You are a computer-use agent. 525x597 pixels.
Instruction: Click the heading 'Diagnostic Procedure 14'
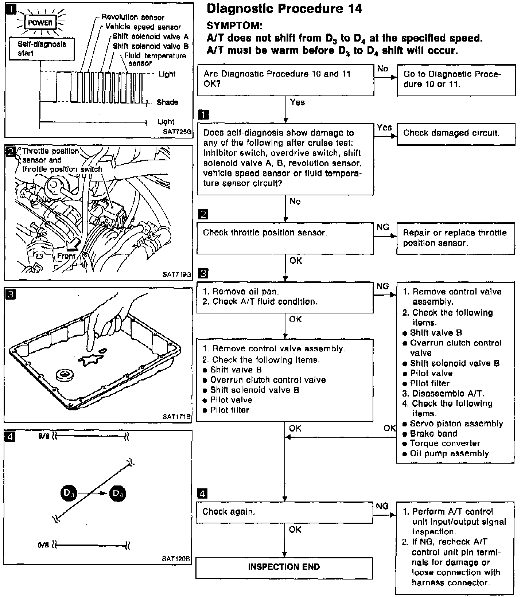click(284, 9)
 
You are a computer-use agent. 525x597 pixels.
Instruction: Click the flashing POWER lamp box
click(40, 23)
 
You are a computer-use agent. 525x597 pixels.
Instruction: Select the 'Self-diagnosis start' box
click(42, 48)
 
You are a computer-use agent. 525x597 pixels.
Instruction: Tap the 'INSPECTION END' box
click(284, 567)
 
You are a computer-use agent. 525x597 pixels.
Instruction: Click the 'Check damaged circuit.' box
click(456, 134)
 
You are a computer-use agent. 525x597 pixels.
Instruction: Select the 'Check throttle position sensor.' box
click(285, 238)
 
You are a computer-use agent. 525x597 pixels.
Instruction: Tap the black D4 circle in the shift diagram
click(117, 493)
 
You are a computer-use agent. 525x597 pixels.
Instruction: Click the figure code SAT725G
click(177, 132)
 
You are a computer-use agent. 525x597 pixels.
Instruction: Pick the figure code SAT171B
click(177, 417)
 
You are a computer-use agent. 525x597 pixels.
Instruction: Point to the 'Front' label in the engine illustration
click(66, 256)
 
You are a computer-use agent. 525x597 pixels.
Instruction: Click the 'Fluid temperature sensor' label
click(155, 59)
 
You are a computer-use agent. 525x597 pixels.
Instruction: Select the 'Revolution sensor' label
click(133, 17)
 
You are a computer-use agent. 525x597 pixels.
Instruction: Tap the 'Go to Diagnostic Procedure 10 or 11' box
click(456, 80)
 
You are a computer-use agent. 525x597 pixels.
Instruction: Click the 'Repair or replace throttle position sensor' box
click(456, 238)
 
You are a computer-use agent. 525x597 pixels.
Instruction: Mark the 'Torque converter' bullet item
click(445, 444)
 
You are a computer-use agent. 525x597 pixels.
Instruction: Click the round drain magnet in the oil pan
click(65, 375)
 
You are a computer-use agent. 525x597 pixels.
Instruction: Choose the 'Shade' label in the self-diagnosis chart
click(167, 102)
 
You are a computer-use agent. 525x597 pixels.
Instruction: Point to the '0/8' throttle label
click(43, 545)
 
